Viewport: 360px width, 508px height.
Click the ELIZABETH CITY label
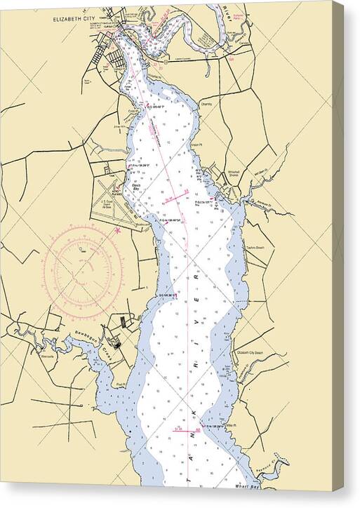pos(74,20)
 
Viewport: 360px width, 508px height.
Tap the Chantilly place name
pos(206,104)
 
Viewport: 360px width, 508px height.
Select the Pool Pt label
pos(121,384)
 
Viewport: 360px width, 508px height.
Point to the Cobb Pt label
pos(133,110)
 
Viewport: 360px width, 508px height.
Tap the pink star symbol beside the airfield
pos(118,229)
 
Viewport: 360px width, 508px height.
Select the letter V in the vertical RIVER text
pos(197,305)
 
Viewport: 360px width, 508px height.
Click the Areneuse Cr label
pos(271,199)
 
